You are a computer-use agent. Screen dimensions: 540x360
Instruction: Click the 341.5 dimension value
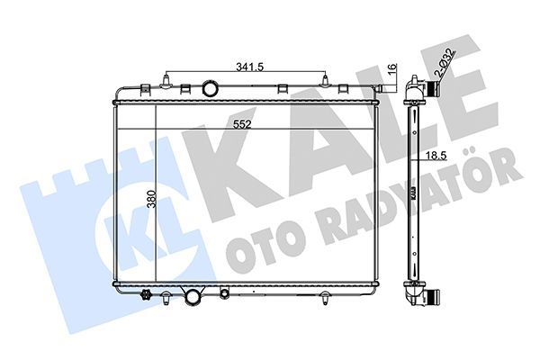(249, 67)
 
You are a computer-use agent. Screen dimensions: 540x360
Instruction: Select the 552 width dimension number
(242, 124)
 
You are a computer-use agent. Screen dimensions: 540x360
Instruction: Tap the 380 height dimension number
(152, 199)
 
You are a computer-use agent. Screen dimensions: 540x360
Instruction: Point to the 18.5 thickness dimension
(436, 156)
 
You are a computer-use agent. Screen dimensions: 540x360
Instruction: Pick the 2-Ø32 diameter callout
(444, 63)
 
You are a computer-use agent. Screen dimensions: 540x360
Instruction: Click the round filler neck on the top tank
(210, 88)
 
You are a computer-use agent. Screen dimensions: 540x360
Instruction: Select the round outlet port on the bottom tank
(193, 297)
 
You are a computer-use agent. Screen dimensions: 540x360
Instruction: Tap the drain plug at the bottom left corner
(146, 295)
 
